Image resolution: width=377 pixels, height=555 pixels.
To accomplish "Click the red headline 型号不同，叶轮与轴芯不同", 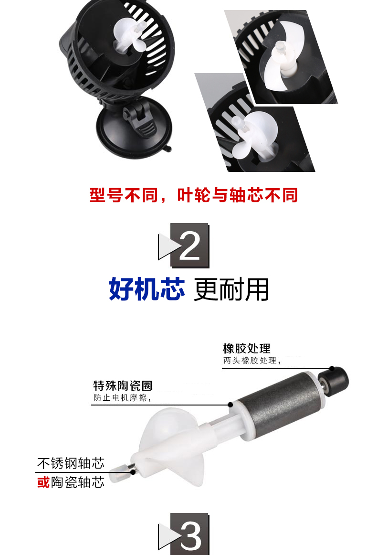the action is (193, 195).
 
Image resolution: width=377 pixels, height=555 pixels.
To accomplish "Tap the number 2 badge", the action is (184, 245).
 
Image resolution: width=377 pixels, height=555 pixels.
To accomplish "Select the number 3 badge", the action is (184, 534).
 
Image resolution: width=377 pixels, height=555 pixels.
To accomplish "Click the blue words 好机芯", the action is (147, 289).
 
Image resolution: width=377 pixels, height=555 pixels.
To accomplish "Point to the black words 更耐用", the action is (231, 289).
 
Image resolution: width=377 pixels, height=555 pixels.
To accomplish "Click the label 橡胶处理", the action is (247, 349).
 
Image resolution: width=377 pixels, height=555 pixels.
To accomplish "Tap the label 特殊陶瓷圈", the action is (123, 386).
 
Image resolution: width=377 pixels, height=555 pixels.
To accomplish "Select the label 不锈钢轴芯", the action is (71, 463).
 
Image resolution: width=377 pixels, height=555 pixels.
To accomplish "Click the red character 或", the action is (43, 482).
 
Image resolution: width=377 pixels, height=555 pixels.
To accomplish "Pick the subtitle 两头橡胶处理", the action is (252, 361).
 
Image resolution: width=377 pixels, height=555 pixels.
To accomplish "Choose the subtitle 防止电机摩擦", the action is (122, 398).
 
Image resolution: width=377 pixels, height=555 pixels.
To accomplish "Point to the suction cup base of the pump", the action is (135, 128).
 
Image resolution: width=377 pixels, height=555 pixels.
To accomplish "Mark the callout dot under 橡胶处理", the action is (332, 368).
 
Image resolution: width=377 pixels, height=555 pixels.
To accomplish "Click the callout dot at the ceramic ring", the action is (230, 405).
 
